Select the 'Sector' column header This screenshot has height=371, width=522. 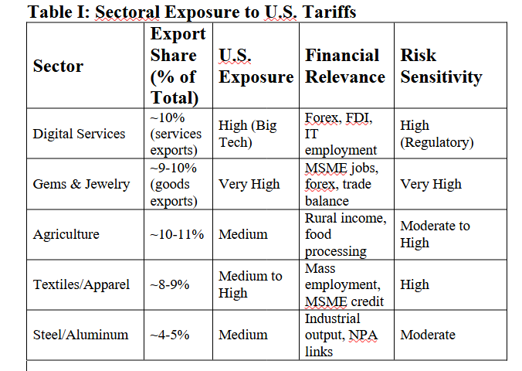coord(58,66)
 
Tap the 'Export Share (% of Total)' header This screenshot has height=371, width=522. coord(178,66)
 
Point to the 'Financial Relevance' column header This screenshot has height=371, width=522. coord(344,66)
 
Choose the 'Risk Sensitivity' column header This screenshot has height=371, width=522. coord(440,66)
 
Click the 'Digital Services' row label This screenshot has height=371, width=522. coord(79,134)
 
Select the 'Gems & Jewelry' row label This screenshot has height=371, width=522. coord(81,184)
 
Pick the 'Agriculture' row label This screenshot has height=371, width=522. coord(66,234)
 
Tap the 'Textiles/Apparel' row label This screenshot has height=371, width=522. coord(81,284)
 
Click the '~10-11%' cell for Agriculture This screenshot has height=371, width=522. coord(177,234)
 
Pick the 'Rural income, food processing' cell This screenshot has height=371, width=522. coord(345,234)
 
